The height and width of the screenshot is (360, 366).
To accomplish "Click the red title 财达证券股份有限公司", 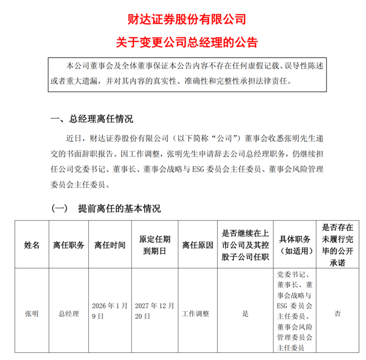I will tap(183, 20).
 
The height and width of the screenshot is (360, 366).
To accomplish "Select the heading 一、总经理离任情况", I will tap(92, 119).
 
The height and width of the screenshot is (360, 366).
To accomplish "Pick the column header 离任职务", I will tap(69, 245).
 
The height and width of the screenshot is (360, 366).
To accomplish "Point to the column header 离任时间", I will tap(110, 245).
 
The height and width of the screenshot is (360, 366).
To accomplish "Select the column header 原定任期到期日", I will tap(155, 245).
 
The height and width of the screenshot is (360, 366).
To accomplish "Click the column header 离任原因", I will tap(197, 245).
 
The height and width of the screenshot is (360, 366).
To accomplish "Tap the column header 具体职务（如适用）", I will tap(295, 245).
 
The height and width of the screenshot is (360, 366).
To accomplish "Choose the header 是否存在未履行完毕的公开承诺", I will tap(338, 245).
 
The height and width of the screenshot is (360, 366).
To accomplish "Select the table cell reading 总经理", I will tap(69, 314).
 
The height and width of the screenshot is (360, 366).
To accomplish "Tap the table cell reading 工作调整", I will tap(197, 314).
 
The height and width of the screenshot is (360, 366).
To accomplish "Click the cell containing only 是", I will tap(245, 314).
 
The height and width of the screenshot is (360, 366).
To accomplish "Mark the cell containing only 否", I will tap(338, 314).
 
